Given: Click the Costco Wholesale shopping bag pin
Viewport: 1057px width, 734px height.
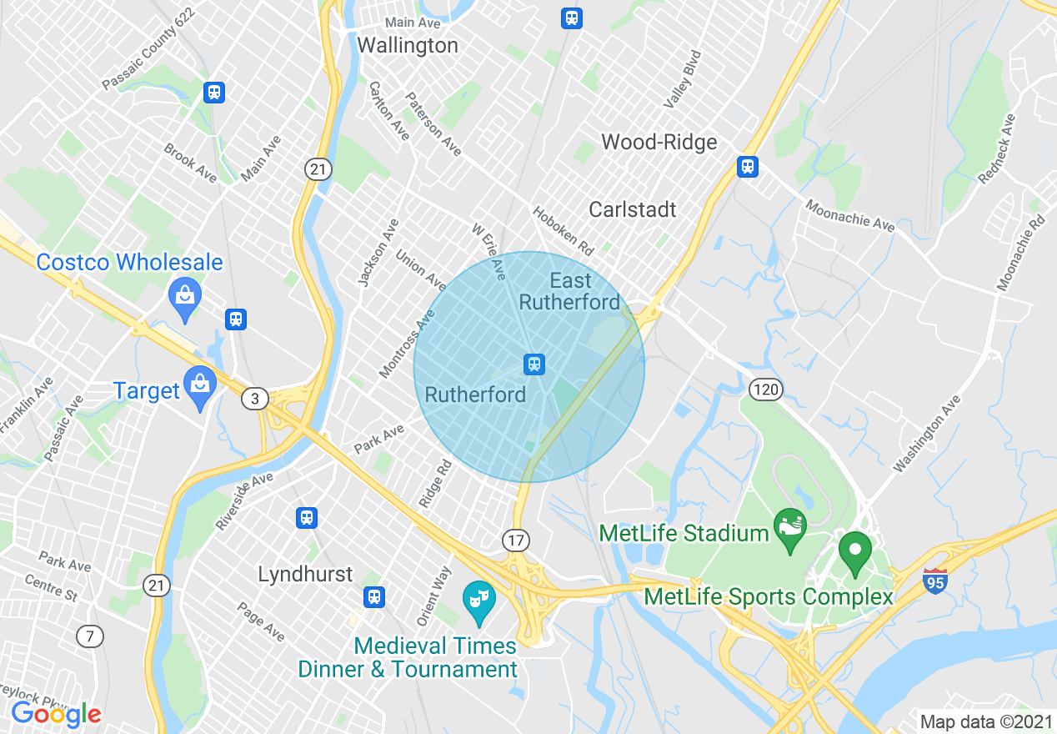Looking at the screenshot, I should point(184,296).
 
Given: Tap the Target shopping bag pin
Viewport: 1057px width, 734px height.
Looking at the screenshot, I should point(199,387).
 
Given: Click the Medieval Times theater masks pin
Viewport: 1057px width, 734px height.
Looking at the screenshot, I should point(478,601).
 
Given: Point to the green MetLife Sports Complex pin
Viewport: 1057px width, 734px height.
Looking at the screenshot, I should point(854,552).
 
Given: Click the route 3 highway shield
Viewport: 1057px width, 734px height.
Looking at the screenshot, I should point(255,399).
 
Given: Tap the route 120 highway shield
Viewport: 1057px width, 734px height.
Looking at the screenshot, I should point(764,389).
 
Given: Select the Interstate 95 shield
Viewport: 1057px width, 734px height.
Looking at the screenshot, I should point(935,581).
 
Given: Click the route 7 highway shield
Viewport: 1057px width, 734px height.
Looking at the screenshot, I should point(89,636).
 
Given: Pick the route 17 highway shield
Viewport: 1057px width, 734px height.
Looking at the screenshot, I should point(516,540).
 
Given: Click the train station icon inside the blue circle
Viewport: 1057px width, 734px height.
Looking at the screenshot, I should point(534,364).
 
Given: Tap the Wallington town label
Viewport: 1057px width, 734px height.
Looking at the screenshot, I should point(408,45).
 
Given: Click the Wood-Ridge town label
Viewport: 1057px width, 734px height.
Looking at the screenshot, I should point(659,142).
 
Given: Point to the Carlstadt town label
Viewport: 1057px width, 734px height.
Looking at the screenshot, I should point(633,209).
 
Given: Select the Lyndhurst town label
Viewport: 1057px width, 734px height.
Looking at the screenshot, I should point(305,574).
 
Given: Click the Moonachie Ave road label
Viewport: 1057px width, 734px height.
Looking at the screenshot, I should point(849,214).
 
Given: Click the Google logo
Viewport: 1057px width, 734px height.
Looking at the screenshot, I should point(56,714).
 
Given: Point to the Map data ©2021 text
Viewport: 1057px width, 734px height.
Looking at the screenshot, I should point(986,721).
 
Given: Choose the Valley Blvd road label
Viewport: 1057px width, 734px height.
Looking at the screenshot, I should point(682,79).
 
